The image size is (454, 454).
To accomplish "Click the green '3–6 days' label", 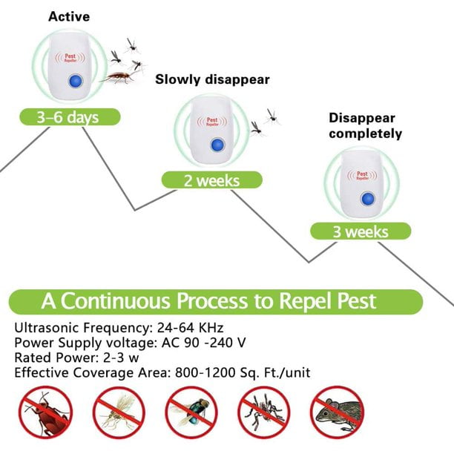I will [x=68, y=116].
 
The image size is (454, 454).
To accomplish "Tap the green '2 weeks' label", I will [x=212, y=180].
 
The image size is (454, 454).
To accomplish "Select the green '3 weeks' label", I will [x=360, y=231].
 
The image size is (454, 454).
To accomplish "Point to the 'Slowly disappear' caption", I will [x=212, y=79].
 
